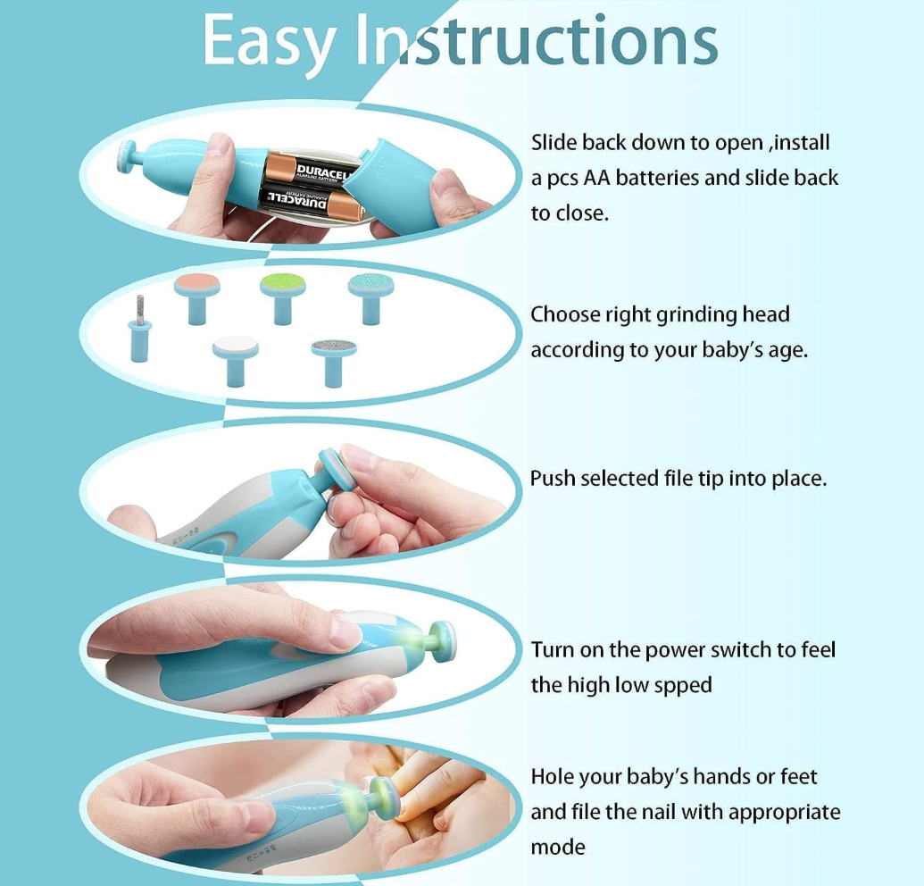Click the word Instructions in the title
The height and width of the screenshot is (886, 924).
pos(537,40)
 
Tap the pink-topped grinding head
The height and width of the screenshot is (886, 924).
pos(196,298)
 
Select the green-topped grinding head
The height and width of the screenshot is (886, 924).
pos(283,298)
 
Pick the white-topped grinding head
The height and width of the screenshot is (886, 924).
pos(236,361)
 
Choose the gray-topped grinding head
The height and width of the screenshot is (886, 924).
pos(334,362)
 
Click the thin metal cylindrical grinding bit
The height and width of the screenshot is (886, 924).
pos(139,329)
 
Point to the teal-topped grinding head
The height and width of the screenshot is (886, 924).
pos(371,298)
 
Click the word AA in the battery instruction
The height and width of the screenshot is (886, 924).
pos(595,178)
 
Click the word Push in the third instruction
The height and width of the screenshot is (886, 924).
pos(552,478)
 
